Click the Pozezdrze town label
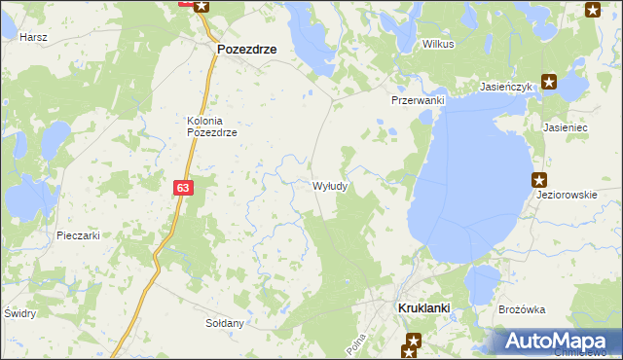246,48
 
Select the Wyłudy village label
331,185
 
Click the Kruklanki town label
423,308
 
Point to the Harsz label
33,36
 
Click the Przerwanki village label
418,101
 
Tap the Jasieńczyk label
507,87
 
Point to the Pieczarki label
79,235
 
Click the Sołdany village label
223,322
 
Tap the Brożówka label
521,309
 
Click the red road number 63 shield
184,188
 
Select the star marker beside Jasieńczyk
549,83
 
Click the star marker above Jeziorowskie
539,179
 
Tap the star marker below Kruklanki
414,341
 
